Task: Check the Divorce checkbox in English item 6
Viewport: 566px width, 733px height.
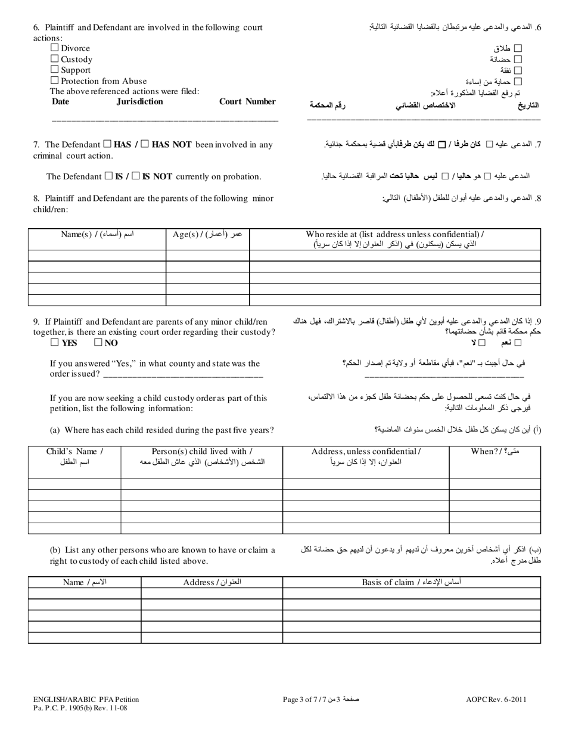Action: tap(55, 48)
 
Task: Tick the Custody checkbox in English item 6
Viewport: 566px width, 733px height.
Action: tap(55, 58)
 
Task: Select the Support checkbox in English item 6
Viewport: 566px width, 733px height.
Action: tap(55, 69)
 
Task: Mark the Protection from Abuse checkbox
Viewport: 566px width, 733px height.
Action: tap(55, 80)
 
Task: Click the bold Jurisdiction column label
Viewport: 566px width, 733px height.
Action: tap(139, 102)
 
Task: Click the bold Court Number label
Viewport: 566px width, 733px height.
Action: tap(247, 102)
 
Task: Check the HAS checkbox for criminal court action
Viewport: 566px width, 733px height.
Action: tap(107, 144)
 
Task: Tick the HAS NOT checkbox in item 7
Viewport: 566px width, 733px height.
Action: tap(144, 144)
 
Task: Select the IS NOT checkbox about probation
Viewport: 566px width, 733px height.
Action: tap(136, 176)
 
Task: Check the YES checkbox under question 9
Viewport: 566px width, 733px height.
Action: tap(55, 343)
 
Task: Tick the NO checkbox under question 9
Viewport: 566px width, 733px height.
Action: tap(98, 343)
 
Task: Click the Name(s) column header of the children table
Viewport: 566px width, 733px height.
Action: tap(97, 234)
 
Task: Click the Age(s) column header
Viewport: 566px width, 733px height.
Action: tap(207, 234)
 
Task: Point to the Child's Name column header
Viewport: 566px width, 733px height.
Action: tap(74, 456)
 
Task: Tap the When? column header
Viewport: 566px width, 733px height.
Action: tap(495, 451)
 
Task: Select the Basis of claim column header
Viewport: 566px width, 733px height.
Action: tap(411, 582)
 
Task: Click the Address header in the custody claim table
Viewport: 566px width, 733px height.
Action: tap(212, 582)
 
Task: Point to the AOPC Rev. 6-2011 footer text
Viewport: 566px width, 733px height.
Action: tap(496, 700)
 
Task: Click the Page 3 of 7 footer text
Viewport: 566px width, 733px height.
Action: tap(321, 700)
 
